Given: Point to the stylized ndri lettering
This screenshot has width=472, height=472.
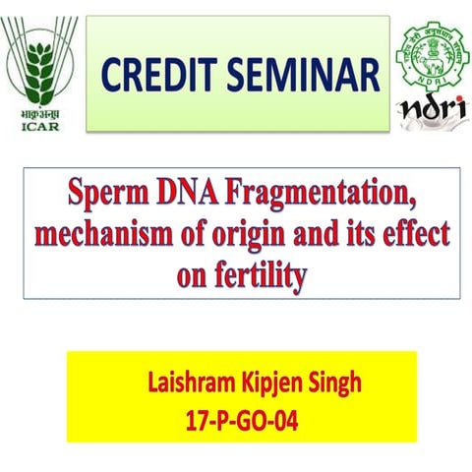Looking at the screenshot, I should [429, 110].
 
